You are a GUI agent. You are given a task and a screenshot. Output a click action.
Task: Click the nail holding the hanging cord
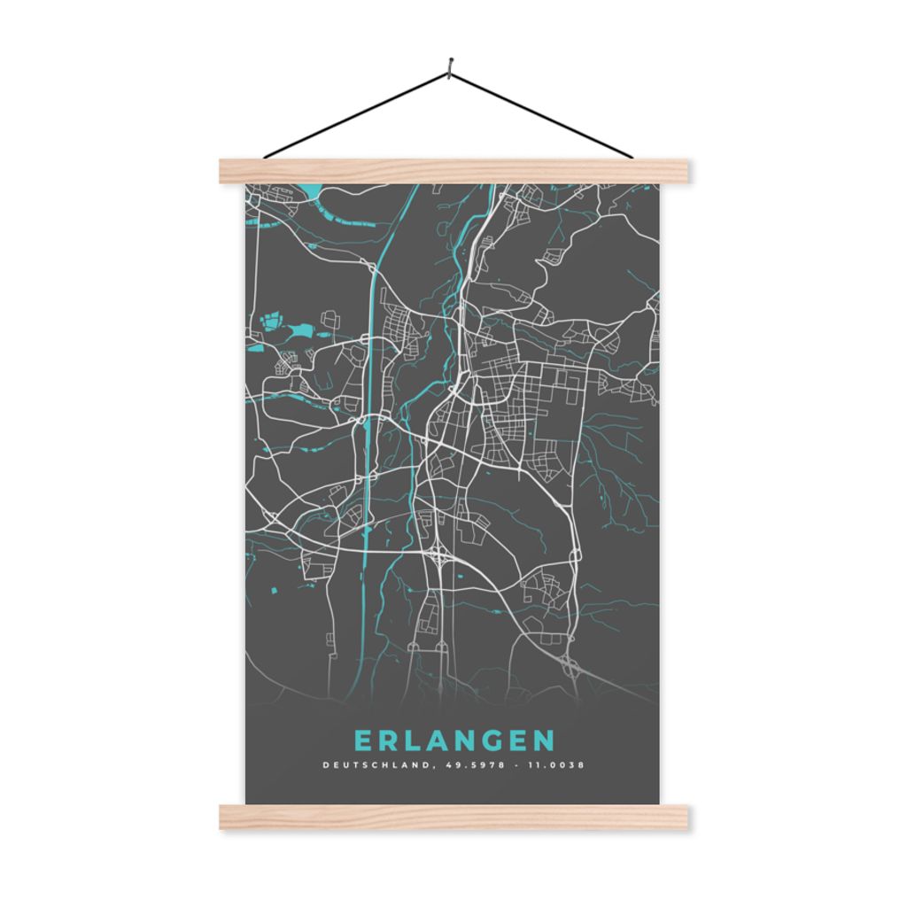point(451,65)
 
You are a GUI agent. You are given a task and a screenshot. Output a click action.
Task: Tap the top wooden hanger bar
point(453,171)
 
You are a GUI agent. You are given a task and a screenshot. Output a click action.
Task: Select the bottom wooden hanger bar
point(453,817)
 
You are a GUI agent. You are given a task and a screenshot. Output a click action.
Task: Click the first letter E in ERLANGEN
point(362,740)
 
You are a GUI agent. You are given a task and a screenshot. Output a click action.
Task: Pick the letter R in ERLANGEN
point(390,740)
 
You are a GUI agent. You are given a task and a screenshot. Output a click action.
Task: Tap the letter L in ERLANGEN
point(416,740)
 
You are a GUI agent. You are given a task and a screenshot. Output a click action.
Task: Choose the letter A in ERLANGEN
point(442,740)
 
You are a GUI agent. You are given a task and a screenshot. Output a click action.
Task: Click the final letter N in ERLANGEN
point(545,740)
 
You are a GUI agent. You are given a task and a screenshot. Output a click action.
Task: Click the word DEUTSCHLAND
point(374,764)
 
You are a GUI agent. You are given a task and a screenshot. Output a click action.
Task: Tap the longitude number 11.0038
point(554,764)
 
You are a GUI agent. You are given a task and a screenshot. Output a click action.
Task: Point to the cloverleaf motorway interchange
point(440,555)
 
